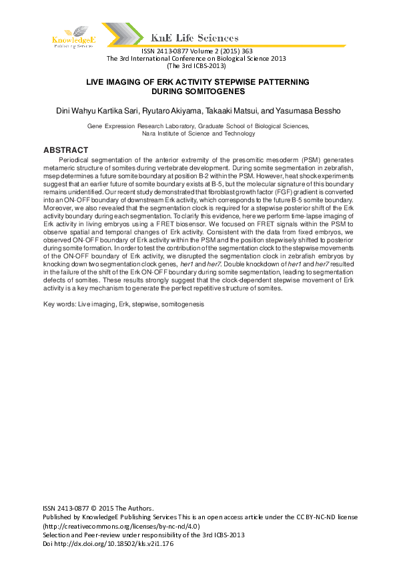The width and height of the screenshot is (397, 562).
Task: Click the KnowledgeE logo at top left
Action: (x=75, y=37)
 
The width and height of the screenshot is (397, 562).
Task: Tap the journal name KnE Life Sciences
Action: (x=195, y=39)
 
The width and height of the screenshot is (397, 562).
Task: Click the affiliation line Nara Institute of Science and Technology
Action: (x=198, y=133)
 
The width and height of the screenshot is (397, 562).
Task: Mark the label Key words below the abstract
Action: (x=58, y=304)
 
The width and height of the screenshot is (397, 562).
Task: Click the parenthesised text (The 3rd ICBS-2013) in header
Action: (x=196, y=65)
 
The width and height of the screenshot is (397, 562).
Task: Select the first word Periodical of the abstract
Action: (x=76, y=161)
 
